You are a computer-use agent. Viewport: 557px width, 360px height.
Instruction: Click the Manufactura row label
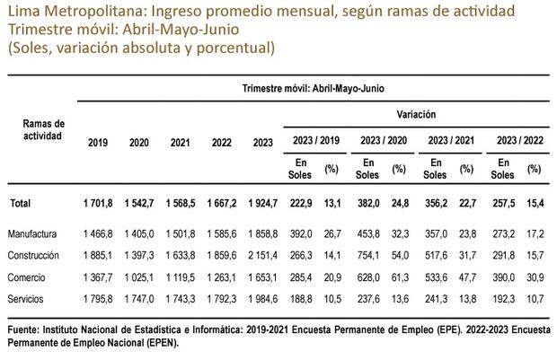[32, 235]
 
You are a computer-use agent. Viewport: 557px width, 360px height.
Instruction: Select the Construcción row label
[34, 255]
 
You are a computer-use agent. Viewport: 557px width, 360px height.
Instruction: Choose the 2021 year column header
[181, 143]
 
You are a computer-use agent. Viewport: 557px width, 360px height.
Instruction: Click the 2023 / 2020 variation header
[384, 141]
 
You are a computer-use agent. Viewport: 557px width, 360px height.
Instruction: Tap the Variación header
[416, 116]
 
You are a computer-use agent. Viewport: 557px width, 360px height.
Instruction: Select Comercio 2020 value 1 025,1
[139, 276]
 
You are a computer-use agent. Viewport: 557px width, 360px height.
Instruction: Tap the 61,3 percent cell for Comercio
[399, 276]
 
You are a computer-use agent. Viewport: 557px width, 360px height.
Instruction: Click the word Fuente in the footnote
[24, 332]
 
